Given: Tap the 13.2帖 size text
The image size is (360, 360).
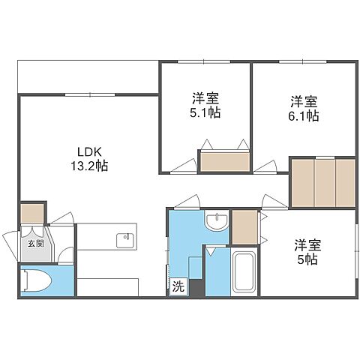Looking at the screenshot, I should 89,166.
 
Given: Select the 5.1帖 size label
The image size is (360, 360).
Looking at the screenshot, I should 205,112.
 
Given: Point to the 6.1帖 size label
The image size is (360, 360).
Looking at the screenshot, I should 303,116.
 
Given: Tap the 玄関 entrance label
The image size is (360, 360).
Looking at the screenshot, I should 35,244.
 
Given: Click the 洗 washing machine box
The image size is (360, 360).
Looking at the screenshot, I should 178,286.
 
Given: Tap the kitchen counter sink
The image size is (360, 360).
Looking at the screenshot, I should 124,241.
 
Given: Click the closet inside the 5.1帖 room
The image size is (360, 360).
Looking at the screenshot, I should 224,162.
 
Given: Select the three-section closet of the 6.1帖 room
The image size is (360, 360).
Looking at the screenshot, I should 322,182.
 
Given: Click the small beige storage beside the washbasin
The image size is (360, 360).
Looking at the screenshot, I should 244,227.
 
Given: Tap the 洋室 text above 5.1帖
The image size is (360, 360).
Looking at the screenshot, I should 205,98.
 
